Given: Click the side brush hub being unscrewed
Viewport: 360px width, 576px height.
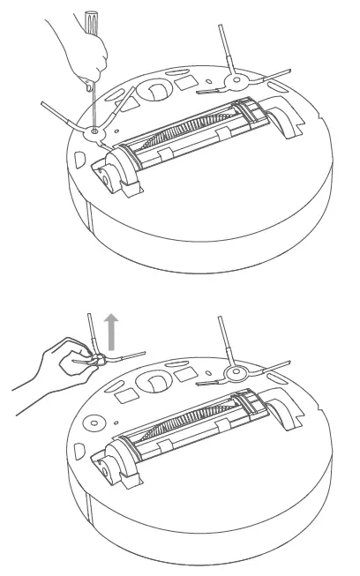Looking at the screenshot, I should click(94, 131).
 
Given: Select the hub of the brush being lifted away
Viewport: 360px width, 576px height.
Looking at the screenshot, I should click(101, 357).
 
